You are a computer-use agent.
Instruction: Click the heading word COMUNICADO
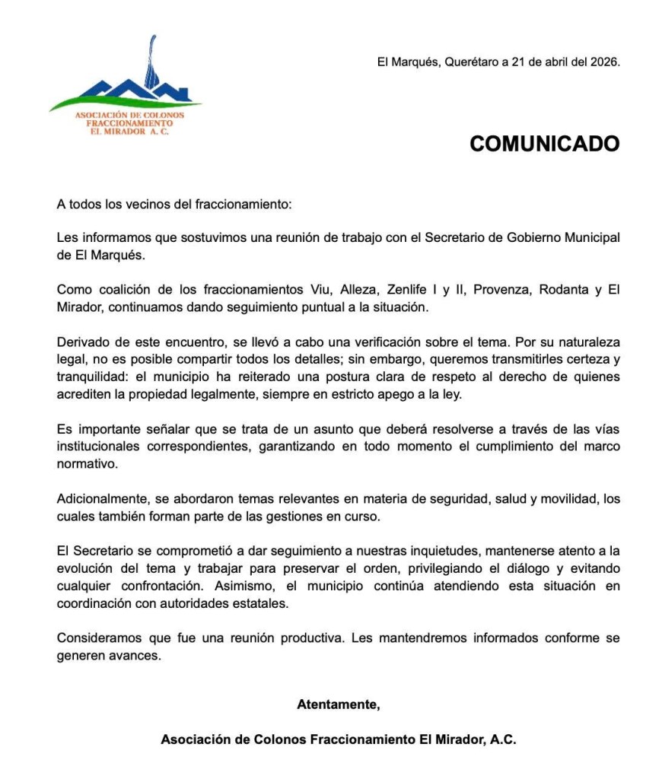(544, 144)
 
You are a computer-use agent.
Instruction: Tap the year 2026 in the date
(604, 62)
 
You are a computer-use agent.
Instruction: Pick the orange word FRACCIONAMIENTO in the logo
(129, 122)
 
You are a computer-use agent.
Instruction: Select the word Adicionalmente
(100, 500)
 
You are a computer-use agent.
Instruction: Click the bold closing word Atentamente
(338, 704)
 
